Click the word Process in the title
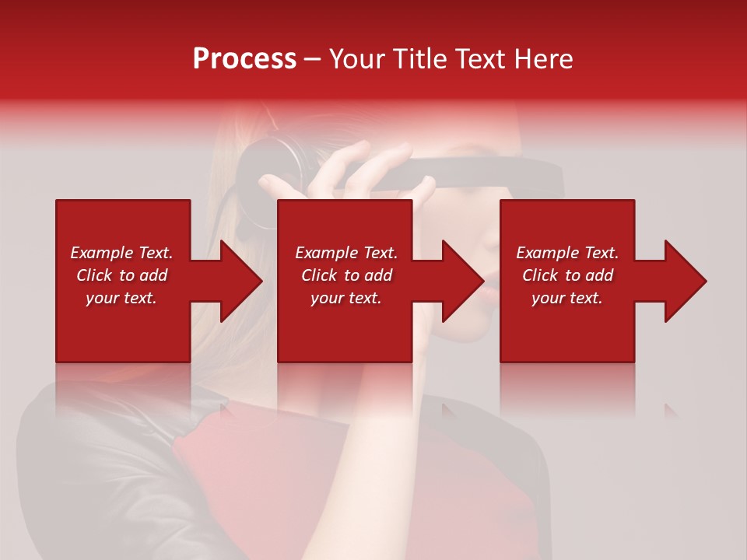244,59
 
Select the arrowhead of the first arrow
241,281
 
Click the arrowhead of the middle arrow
463,281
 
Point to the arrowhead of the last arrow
686,281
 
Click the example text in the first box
121,275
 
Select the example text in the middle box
346,275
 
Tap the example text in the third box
567,275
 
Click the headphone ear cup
268,167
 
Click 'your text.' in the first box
121,298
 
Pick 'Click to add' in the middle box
346,275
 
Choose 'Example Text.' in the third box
567,253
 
